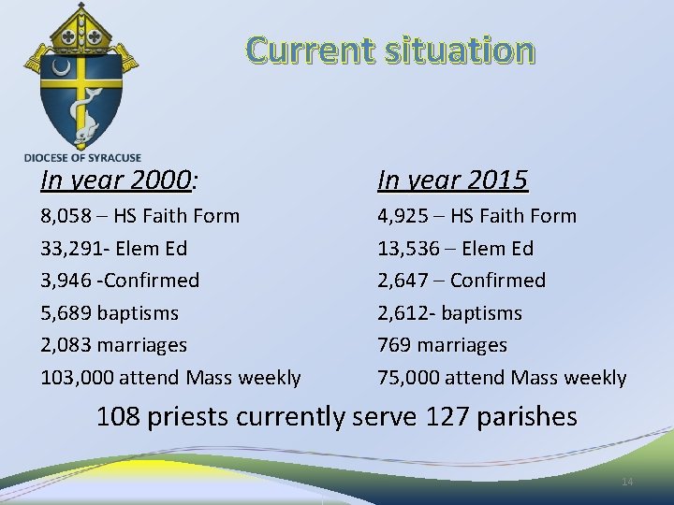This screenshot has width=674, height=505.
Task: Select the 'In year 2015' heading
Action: pyautogui.click(x=452, y=180)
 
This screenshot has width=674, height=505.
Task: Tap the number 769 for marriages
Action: pyautogui.click(x=394, y=345)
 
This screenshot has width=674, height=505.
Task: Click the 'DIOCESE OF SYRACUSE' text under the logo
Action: pyautogui.click(x=82, y=158)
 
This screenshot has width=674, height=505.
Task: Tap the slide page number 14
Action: pyautogui.click(x=627, y=482)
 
